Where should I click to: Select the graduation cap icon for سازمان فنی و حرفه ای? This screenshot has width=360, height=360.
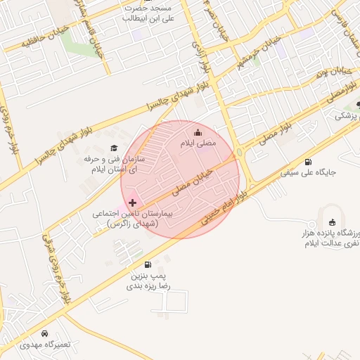tap(114, 148)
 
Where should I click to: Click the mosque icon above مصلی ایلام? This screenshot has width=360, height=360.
tap(197, 131)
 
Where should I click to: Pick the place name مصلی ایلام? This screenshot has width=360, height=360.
tap(197, 143)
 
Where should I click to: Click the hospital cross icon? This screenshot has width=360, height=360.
tap(132, 202)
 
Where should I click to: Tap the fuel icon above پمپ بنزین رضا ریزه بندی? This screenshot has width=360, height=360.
tap(147, 265)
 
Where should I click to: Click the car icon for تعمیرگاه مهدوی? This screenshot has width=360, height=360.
tap(44, 333)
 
